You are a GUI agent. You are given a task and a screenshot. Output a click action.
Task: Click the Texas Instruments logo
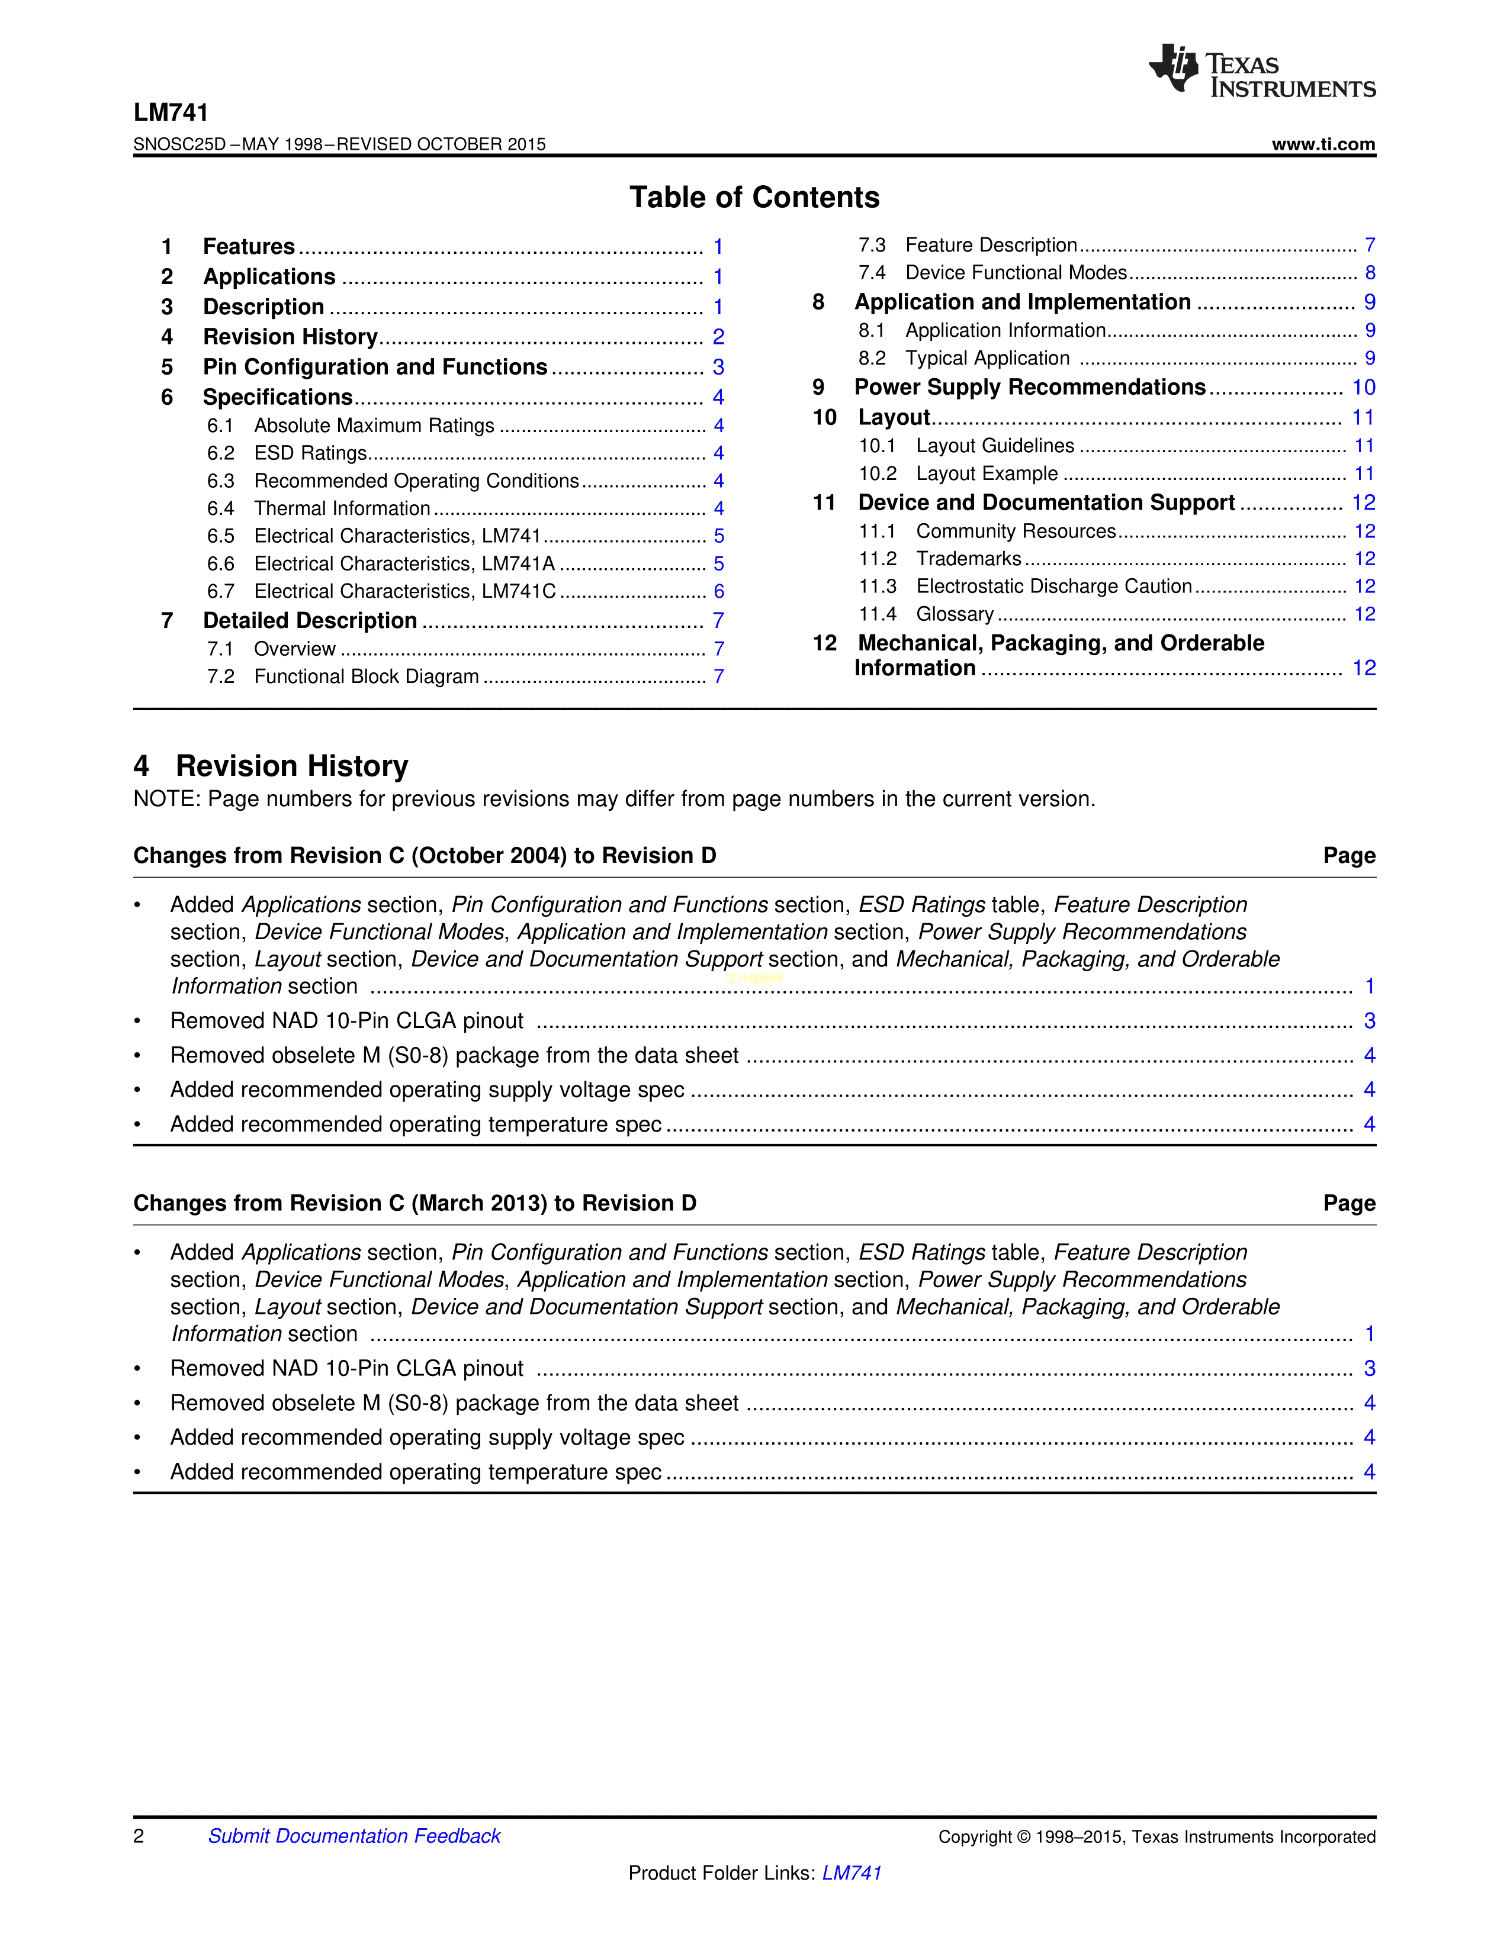coord(1261,70)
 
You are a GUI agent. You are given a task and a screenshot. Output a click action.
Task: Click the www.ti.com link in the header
coord(1323,144)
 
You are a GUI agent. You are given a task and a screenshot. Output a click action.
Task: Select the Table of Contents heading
coord(754,196)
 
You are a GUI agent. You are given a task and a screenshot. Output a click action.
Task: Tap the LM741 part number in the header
coord(171,112)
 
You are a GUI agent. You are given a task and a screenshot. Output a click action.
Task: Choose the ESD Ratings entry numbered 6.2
coord(310,453)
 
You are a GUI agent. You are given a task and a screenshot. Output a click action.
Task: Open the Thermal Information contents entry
coord(342,508)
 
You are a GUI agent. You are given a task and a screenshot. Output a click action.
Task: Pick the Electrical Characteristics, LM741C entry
coord(404,591)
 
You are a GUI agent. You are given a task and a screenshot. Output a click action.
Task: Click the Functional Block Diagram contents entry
coord(366,676)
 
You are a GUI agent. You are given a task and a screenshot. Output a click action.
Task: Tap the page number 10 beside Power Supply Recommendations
coord(1363,387)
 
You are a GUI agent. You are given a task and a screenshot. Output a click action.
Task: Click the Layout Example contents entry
coord(986,473)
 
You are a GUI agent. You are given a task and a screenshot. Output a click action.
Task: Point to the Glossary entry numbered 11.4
coord(955,614)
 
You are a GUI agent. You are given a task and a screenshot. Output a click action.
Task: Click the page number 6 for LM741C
coord(718,591)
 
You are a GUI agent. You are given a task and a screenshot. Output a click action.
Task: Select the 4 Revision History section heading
coord(271,765)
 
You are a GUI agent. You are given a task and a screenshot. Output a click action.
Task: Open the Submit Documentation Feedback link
coord(354,1836)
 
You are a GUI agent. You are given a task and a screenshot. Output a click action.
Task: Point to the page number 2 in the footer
coord(139,1836)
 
